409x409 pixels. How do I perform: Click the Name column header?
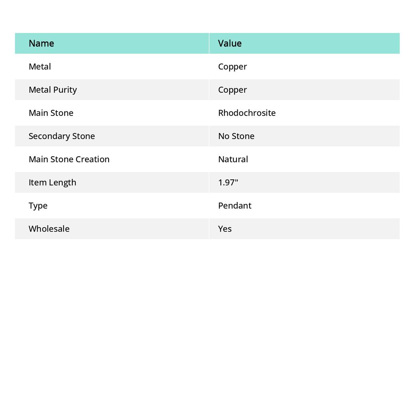41,43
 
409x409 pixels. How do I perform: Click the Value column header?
230,43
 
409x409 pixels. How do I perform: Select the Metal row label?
40,66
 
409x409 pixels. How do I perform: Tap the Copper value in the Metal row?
232,67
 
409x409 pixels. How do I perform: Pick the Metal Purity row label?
53,90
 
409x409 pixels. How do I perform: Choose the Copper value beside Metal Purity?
232,90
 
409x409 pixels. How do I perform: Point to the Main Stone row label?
51,113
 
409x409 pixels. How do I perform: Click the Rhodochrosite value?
247,113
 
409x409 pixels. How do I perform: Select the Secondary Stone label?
62,136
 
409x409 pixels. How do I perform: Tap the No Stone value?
236,136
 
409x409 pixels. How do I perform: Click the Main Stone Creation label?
69,159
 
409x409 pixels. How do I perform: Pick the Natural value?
233,159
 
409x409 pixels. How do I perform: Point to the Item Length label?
52,183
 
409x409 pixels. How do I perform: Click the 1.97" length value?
228,182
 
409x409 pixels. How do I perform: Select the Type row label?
38,206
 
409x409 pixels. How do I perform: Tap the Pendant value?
234,205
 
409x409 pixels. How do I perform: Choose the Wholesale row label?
49,228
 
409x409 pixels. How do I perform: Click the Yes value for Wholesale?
225,228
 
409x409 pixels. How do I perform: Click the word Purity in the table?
65,90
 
